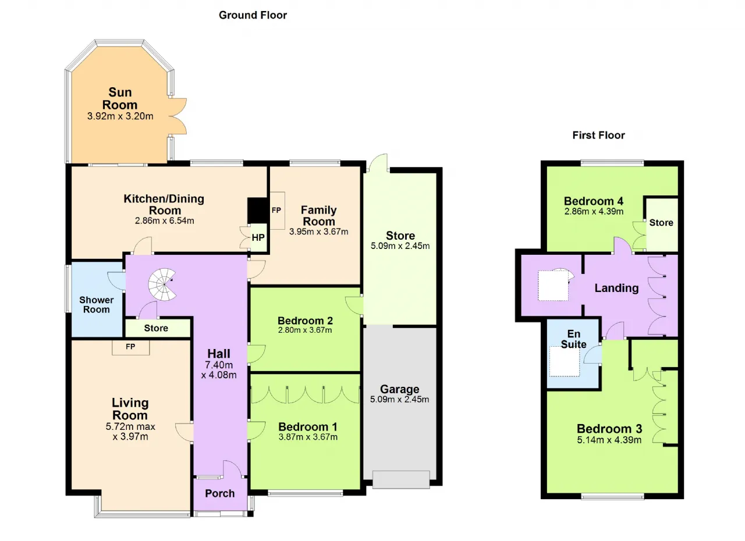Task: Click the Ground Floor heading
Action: tap(253, 15)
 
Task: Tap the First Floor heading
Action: tap(598, 136)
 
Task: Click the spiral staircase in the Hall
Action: tap(162, 284)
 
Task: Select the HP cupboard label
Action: tap(258, 237)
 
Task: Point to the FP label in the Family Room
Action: tap(276, 211)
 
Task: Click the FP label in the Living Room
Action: tap(130, 347)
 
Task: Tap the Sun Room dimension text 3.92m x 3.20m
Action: tap(120, 116)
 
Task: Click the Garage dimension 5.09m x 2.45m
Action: tap(399, 399)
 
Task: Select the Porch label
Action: tap(220, 493)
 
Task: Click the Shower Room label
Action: tap(97, 305)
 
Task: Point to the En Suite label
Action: tap(574, 339)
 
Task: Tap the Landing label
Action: tap(616, 288)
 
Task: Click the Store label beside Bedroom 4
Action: tap(661, 223)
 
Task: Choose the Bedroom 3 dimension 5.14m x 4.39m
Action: tap(609, 440)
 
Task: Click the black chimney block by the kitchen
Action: tap(257, 211)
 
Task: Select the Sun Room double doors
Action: tap(178, 116)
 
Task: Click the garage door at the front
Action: tap(401, 479)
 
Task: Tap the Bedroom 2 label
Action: tap(306, 321)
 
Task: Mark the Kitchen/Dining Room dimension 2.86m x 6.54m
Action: tap(165, 221)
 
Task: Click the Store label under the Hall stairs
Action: tap(156, 328)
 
